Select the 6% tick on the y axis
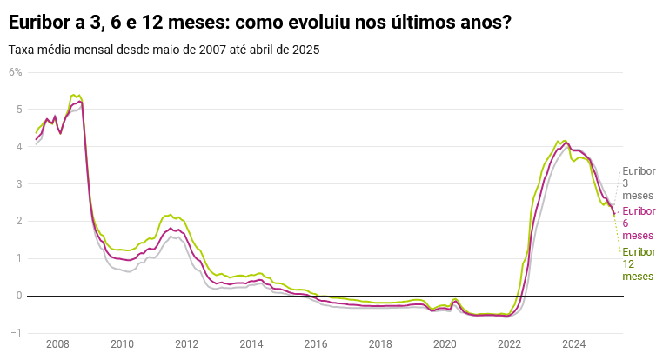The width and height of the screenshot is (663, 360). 16,71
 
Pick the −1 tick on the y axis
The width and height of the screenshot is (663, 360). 15,333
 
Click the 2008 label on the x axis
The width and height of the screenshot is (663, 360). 57,344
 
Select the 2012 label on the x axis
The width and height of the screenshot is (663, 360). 186,344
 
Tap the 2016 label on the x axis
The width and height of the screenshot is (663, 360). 316,344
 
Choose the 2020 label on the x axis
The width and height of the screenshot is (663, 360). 445,344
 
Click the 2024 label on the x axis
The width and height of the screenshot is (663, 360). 573,344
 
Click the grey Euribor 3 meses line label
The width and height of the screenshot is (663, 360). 638,183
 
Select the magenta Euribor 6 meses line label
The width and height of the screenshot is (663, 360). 638,223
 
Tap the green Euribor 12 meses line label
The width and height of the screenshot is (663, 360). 638,263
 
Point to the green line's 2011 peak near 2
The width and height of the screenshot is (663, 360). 169,214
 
